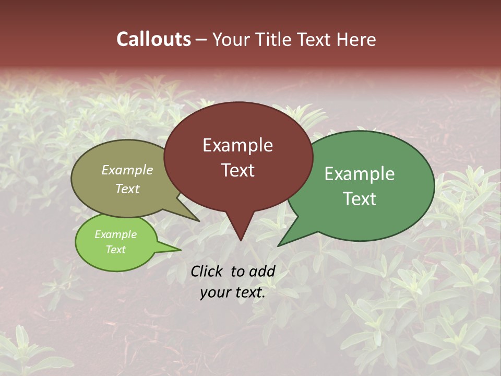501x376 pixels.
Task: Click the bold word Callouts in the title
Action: tap(154, 40)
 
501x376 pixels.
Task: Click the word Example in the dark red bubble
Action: tap(237, 145)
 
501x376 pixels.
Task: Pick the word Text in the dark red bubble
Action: tap(237, 170)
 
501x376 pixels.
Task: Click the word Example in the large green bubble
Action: tap(360, 174)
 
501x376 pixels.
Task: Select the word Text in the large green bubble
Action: tap(360, 199)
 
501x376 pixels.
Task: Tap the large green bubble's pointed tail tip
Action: tap(279, 245)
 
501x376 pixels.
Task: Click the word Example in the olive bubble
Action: tap(127, 170)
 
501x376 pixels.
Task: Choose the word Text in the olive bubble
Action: tap(127, 189)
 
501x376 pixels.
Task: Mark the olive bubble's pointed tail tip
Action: tap(199, 221)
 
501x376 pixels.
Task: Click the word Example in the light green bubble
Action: tap(115, 234)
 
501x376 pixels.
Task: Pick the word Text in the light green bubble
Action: tap(115, 250)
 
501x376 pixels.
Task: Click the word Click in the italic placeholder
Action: tap(207, 271)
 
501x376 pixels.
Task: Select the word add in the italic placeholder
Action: tap(261, 271)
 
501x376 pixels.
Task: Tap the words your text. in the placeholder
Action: tap(233, 293)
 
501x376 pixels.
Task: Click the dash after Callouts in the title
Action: tap(201, 40)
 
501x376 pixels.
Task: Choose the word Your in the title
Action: tap(228, 40)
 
